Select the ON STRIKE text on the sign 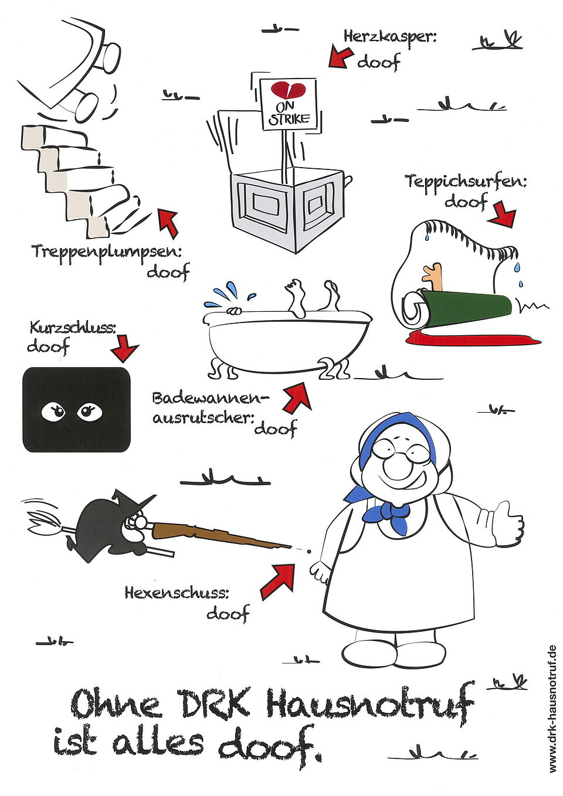coord(289,114)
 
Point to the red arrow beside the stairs coord(168,223)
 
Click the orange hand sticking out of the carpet coord(432,275)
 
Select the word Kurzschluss coord(73,328)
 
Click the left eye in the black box coord(54,411)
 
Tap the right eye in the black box coord(90,411)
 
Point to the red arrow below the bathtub coord(297,397)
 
